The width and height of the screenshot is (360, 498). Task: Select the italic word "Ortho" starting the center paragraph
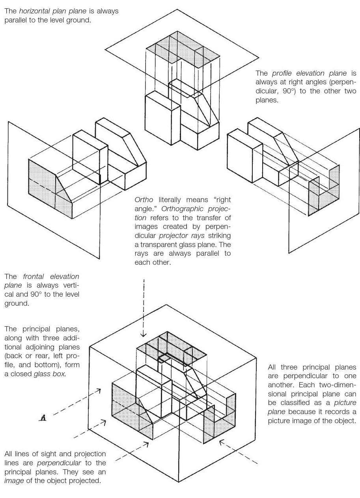[144, 200]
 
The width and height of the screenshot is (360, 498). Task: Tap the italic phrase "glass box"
[52, 374]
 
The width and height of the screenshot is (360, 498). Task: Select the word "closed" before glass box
[21, 374]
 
